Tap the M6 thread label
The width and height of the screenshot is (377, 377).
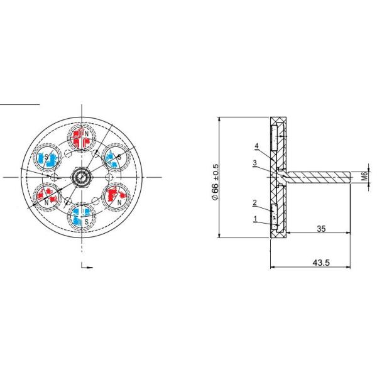pyautogui.click(x=364, y=178)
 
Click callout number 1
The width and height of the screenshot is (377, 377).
pyautogui.click(x=256, y=219)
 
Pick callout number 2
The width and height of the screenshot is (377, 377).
pyautogui.click(x=254, y=202)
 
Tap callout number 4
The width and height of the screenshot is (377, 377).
pyautogui.click(x=257, y=146)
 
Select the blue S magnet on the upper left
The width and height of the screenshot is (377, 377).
pyautogui.click(x=46, y=158)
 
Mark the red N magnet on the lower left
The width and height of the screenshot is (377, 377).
pyautogui.click(x=46, y=197)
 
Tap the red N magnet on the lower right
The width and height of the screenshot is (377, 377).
pyautogui.click(x=117, y=197)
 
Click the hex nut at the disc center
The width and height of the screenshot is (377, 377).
pyautogui.click(x=82, y=177)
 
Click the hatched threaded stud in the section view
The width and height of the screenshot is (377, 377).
pyautogui.click(x=317, y=178)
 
